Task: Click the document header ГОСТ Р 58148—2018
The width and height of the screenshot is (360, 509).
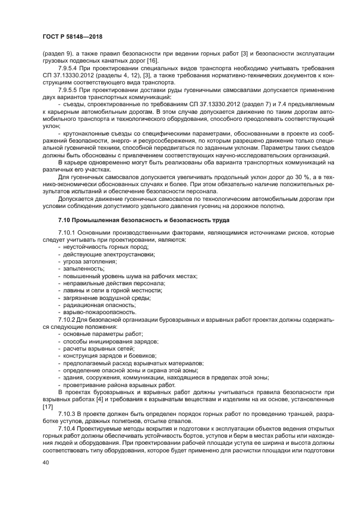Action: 72,37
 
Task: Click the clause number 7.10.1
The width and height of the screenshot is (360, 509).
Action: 66,233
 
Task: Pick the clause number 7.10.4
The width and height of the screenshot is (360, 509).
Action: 66,428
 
